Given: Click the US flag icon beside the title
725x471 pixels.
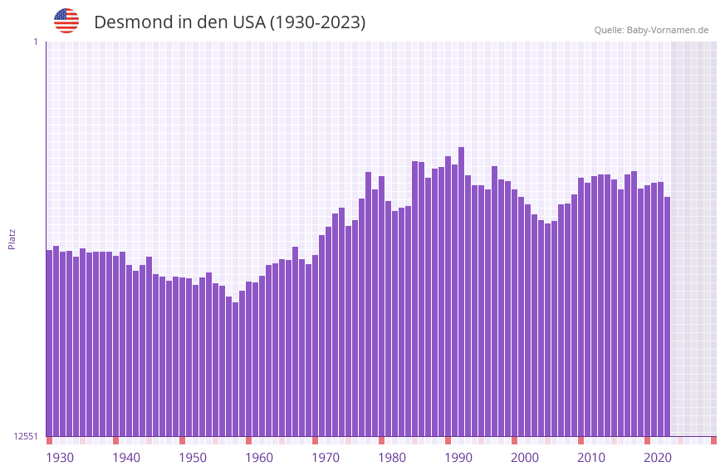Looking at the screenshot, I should click(66, 21).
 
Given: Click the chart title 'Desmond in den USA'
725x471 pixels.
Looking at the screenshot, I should click(229, 22).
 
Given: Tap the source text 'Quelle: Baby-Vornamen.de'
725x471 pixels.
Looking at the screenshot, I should click(651, 30).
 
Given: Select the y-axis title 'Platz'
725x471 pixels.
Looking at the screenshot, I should click(12, 238).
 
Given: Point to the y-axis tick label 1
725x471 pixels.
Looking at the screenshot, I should click(35, 42).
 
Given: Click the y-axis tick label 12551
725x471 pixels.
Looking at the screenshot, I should click(27, 436).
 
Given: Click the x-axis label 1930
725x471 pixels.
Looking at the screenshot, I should click(60, 458).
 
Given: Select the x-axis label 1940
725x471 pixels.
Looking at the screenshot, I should click(126, 458).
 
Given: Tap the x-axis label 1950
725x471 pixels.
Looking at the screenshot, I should click(193, 458).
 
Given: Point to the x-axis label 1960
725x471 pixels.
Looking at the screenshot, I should click(259, 458).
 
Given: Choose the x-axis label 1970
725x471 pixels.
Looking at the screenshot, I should click(326, 458).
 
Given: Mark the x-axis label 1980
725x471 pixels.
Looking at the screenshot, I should click(392, 458).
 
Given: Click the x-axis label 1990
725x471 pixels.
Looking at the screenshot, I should click(458, 458).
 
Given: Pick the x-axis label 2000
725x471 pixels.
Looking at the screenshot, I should click(525, 458).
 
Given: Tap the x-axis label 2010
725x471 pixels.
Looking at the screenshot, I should click(591, 458).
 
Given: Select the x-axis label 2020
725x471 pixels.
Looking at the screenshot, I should click(658, 458).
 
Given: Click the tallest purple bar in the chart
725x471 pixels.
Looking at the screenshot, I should click(462, 291).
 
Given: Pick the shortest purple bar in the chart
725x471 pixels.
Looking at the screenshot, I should click(236, 370).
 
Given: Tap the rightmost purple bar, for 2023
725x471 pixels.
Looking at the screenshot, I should click(668, 316).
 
